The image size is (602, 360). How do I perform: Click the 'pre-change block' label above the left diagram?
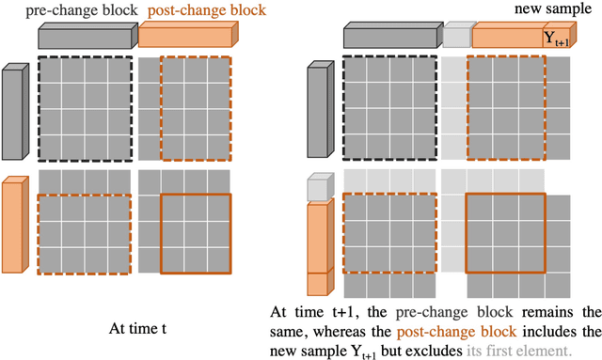coord(82,10)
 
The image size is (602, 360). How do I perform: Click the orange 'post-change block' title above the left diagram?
coord(207,10)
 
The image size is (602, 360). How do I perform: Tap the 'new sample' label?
coord(553,8)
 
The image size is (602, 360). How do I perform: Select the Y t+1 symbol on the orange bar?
coord(556,39)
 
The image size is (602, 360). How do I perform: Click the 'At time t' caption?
coord(138,329)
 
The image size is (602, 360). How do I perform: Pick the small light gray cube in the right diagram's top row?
coord(458,35)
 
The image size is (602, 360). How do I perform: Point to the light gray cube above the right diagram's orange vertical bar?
coord(321,187)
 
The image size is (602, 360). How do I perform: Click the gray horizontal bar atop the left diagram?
coord(87,36)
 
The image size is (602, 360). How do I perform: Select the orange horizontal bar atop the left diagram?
coord(188,35)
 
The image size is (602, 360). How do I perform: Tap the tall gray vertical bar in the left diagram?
coord(15,111)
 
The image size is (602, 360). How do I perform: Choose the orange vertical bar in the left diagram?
coord(15,225)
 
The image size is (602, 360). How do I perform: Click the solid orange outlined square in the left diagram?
coord(196,195)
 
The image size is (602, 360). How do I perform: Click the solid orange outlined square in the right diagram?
coord(506,194)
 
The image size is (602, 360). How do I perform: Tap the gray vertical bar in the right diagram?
coord(321,109)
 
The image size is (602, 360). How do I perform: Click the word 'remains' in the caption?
coord(547,312)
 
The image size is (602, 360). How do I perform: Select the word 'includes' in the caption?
coord(549,331)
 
